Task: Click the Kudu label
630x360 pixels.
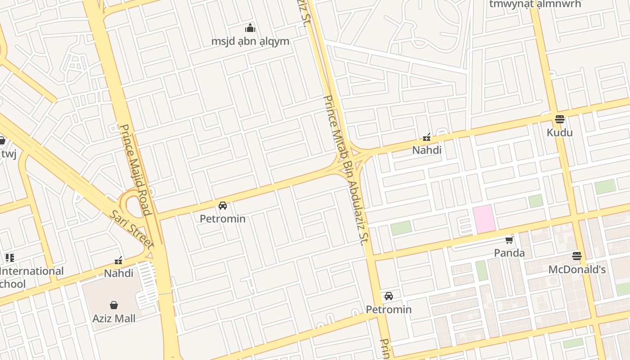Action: click(559, 132)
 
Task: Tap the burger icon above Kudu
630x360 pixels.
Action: click(560, 119)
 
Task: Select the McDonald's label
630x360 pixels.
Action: click(576, 270)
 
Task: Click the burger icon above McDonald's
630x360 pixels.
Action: click(577, 256)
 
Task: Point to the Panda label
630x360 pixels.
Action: click(509, 253)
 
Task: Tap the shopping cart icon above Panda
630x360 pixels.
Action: click(509, 240)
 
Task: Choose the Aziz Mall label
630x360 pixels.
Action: click(114, 319)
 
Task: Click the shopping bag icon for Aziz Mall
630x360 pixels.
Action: click(114, 305)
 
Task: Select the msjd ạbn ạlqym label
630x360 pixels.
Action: click(250, 41)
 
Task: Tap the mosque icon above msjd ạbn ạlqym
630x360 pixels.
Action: click(250, 28)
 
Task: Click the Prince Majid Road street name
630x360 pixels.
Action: click(135, 170)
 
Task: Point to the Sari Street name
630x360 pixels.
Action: click(131, 229)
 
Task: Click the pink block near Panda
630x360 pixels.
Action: click(484, 219)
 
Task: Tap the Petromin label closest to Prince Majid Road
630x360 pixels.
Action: click(222, 219)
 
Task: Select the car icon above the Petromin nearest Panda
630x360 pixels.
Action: click(389, 296)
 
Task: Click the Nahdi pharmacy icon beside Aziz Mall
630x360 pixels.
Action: click(119, 260)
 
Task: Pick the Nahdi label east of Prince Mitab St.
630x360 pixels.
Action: click(427, 150)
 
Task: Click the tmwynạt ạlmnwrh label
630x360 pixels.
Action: click(535, 4)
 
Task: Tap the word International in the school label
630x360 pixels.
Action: click(31, 271)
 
